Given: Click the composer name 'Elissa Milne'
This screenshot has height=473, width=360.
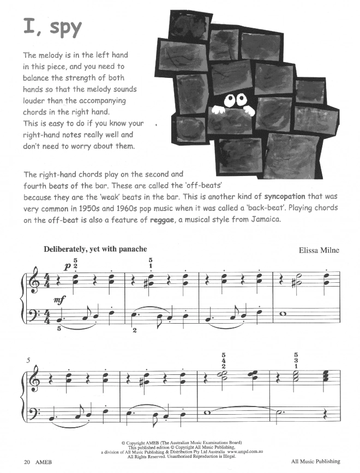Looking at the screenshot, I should (x=319, y=250).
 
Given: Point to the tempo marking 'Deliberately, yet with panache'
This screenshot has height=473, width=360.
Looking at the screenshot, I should (x=95, y=249).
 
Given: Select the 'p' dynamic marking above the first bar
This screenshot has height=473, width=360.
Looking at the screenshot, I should (x=67, y=266).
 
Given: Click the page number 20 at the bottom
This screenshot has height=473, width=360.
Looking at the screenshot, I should (x=27, y=462).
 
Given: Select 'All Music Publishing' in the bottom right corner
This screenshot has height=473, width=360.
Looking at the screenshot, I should (x=315, y=462).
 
